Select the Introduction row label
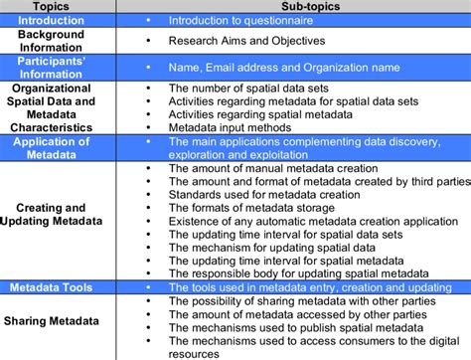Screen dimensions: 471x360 coord(52,20)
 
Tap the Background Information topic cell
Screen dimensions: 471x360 coord(52,41)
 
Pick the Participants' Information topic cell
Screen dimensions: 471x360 coord(52,67)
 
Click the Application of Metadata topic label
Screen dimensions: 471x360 coord(52,147)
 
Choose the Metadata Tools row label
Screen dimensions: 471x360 coord(52,287)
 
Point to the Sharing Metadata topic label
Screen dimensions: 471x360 coord(52,321)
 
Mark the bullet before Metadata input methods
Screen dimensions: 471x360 coord(146,127)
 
